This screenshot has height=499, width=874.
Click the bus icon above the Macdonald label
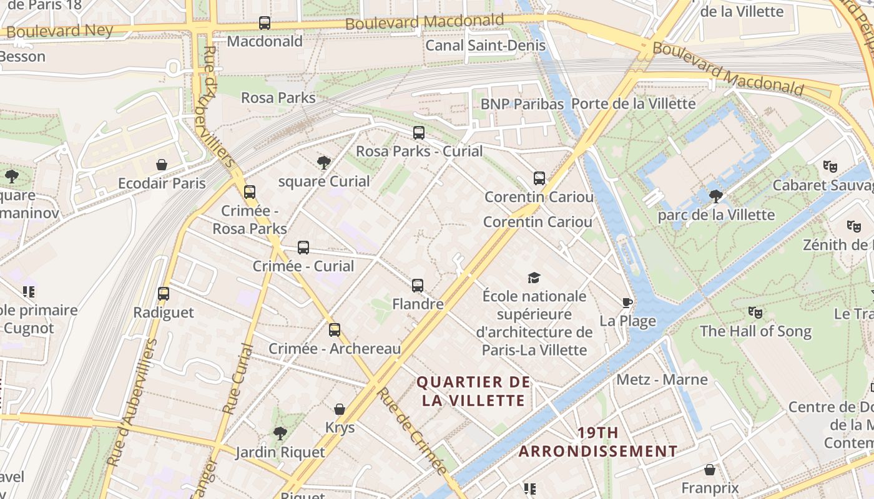click(265, 24)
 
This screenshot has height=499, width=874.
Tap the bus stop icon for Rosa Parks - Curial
click(419, 133)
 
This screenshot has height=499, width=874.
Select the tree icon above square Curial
click(323, 163)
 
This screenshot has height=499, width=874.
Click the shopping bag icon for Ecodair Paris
click(162, 165)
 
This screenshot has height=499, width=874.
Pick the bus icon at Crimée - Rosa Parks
click(250, 192)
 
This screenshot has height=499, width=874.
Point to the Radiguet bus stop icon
click(164, 294)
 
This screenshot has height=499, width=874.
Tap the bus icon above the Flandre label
click(418, 286)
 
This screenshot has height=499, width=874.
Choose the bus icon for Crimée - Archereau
click(335, 330)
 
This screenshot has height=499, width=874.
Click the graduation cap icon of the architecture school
click(534, 278)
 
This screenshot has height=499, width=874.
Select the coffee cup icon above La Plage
click(627, 303)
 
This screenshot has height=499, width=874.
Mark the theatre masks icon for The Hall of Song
click(755, 312)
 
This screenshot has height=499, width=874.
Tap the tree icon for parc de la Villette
click(716, 196)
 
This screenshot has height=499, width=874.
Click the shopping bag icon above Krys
click(340, 409)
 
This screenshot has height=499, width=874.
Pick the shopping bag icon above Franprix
click(710, 470)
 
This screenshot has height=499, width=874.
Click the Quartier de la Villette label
click(473, 391)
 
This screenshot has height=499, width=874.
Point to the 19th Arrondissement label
click(597, 442)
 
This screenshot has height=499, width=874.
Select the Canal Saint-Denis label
click(485, 46)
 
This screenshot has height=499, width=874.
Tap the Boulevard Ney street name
click(60, 31)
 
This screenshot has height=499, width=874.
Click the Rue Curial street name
click(238, 379)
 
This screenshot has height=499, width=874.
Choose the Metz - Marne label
click(662, 379)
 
